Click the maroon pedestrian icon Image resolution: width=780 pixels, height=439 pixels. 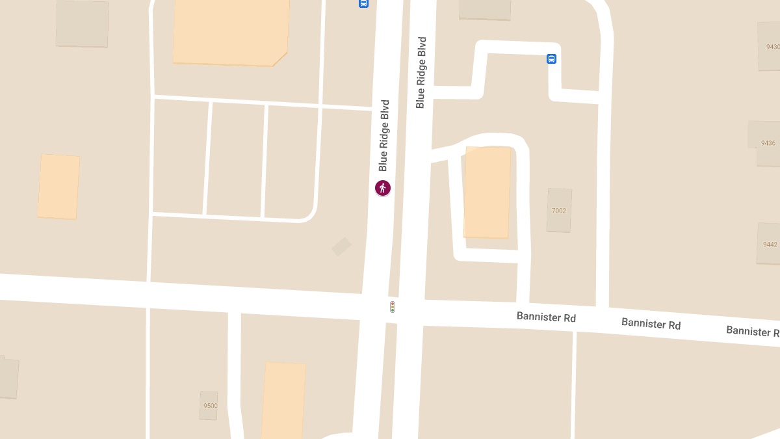[383, 188]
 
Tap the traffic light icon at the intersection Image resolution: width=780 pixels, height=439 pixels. [393, 307]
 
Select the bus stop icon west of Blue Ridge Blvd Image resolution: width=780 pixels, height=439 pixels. [363, 3]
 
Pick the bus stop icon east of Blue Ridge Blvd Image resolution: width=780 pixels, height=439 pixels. [551, 59]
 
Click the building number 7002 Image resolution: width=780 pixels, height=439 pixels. [559, 211]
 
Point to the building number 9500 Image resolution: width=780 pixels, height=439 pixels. [210, 406]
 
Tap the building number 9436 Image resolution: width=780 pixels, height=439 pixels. [768, 143]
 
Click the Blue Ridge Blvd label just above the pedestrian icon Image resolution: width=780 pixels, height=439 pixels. [384, 135]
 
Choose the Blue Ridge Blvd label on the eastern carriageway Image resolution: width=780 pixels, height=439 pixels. [421, 72]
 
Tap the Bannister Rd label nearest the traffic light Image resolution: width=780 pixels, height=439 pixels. [546, 317]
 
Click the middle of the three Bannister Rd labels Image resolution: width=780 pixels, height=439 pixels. [651, 323]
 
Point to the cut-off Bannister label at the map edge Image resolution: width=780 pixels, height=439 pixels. [753, 331]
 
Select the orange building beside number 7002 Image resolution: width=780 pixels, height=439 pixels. [487, 193]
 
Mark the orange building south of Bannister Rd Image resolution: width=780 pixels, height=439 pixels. [284, 401]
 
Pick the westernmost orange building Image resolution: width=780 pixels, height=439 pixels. [58, 187]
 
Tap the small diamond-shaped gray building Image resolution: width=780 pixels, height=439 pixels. [341, 246]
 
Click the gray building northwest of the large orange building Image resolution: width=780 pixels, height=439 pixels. [82, 23]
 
